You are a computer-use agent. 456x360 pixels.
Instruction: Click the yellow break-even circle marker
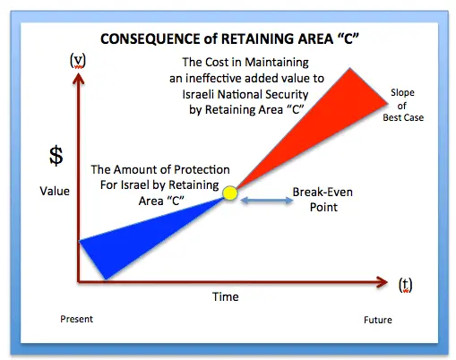229,193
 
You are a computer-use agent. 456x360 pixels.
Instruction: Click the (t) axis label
406,284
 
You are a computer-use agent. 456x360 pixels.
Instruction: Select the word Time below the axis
225,296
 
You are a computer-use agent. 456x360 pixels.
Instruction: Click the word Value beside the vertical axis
55,191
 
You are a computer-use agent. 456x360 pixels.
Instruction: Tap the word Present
76,320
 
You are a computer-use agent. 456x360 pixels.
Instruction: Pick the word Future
377,320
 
